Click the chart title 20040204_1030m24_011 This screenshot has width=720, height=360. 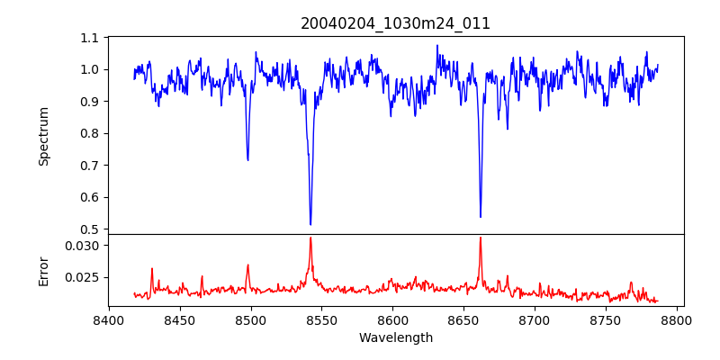tap(395, 23)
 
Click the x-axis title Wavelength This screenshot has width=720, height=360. tap(395, 337)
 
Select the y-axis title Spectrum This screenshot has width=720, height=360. tap(43, 136)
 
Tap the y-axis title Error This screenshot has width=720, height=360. tap(43, 269)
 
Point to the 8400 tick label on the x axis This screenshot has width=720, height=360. tap(109, 319)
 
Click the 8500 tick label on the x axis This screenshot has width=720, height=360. tap(251, 319)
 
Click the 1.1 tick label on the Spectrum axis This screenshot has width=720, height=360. tap(90, 38)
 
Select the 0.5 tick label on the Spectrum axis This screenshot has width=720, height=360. tap(90, 229)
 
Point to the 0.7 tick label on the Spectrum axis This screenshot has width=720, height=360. tap(90, 166)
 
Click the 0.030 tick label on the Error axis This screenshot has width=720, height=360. tap(84, 245)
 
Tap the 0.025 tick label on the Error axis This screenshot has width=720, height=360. tap(84, 277)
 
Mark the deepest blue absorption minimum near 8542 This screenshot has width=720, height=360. tap(310, 224)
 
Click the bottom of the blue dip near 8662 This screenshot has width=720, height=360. tap(481, 217)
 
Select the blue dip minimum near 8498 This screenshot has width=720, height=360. tap(247, 160)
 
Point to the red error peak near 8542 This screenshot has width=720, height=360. tap(310, 238)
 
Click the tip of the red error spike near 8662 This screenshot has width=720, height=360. tap(481, 238)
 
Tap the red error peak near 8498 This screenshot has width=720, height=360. tap(247, 265)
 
